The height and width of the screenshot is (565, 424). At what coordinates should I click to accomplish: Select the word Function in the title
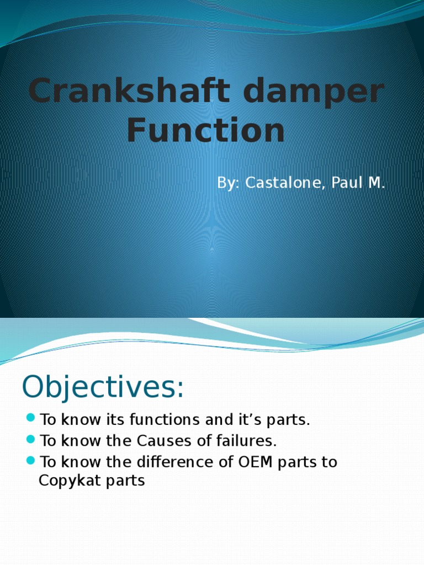(x=206, y=131)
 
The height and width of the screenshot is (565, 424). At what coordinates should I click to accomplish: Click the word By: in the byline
(x=229, y=183)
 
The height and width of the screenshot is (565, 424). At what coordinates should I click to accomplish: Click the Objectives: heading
(x=103, y=387)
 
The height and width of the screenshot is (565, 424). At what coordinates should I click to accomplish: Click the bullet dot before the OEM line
(x=30, y=459)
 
